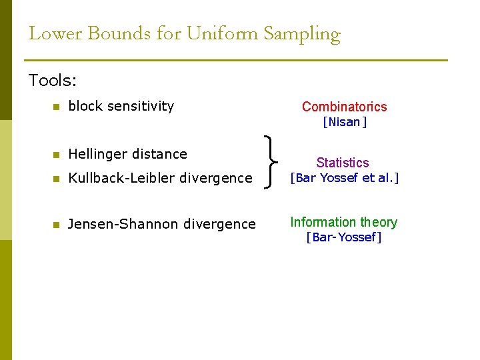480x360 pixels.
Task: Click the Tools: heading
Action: coord(53,81)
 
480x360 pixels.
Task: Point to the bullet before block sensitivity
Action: coord(57,107)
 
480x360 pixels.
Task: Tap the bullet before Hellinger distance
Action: coord(57,155)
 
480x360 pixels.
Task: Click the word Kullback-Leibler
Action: coord(125,178)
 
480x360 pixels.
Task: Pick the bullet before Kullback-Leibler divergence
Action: coord(57,179)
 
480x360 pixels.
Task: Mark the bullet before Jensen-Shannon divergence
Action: coord(57,225)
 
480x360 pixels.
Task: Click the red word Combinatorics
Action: coord(344,107)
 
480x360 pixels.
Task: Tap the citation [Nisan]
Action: coord(345,122)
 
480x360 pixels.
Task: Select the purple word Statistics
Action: coord(342,163)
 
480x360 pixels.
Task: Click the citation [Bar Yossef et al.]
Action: coord(344,178)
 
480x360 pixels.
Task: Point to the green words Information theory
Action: coord(343,223)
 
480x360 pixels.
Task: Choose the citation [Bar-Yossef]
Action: coord(343,237)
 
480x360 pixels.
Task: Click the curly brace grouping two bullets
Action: coord(272,163)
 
